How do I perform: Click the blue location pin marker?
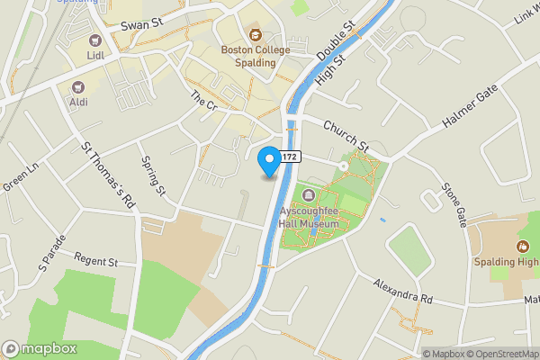pyautogui.click(x=268, y=162)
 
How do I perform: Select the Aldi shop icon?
pyautogui.click(x=77, y=87)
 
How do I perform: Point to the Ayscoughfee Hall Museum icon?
pyautogui.click(x=310, y=195)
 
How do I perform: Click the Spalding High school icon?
pyautogui.click(x=522, y=246)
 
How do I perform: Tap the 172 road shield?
pyautogui.click(x=288, y=157)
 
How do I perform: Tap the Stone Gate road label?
pyautogui.click(x=453, y=205)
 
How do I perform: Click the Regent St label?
pyautogui.click(x=96, y=262)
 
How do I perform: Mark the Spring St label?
pyautogui.click(x=154, y=175)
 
